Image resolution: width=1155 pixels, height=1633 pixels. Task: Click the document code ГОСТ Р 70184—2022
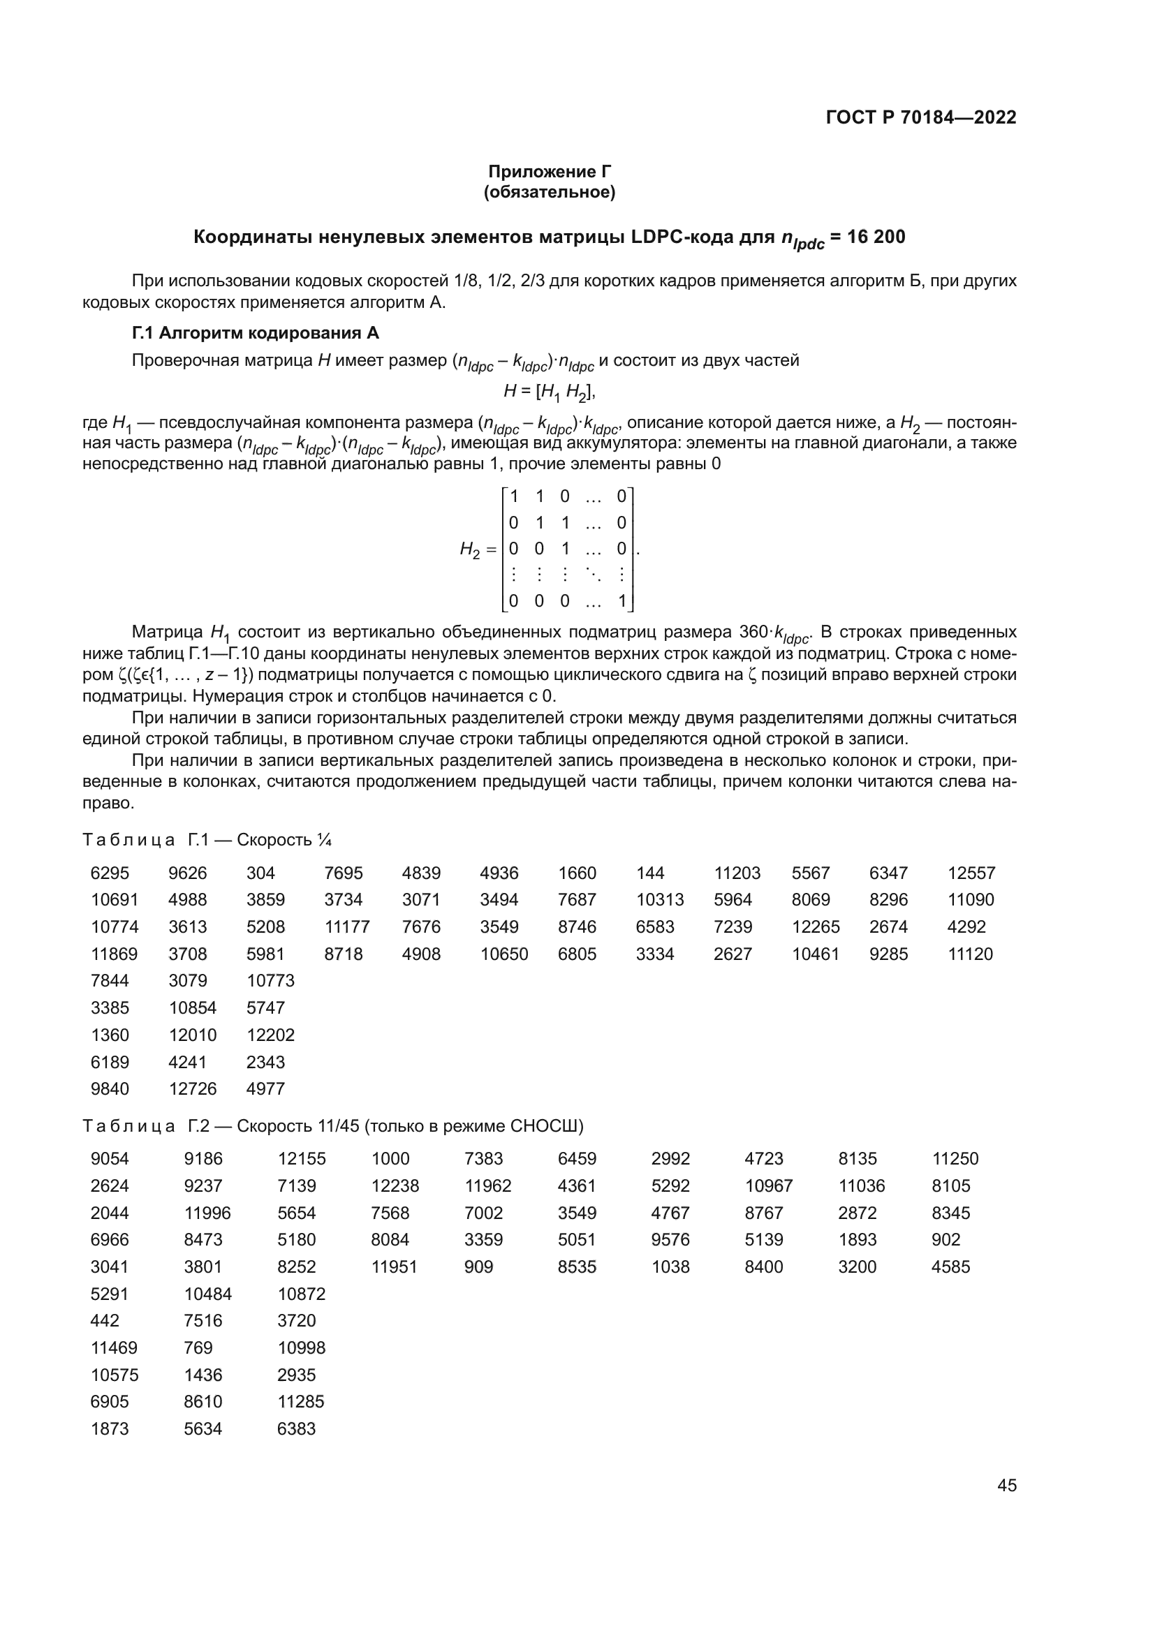click(x=921, y=117)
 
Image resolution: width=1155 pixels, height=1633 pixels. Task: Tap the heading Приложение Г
click(x=549, y=172)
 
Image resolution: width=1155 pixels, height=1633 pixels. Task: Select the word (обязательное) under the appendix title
click(x=549, y=192)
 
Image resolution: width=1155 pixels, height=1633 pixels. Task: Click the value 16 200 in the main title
click(x=877, y=237)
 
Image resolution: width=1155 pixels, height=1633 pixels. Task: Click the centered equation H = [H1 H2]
click(x=549, y=390)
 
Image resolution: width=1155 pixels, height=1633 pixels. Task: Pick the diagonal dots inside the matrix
click(x=591, y=575)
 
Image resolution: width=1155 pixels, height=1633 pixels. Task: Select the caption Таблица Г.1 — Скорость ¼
click(x=207, y=840)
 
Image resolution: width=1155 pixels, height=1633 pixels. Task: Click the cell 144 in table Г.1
click(x=650, y=873)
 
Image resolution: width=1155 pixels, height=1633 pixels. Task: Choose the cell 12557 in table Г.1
click(x=971, y=873)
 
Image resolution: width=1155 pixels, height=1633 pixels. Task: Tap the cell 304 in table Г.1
click(x=260, y=873)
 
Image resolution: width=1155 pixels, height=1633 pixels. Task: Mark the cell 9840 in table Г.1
click(x=110, y=1089)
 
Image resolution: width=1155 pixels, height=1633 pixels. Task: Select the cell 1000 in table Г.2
click(x=390, y=1159)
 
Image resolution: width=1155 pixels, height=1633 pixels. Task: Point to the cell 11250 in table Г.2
click(x=955, y=1159)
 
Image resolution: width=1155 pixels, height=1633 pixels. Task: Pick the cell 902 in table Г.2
click(x=946, y=1240)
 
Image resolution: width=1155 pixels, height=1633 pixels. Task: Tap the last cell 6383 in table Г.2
click(x=296, y=1429)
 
